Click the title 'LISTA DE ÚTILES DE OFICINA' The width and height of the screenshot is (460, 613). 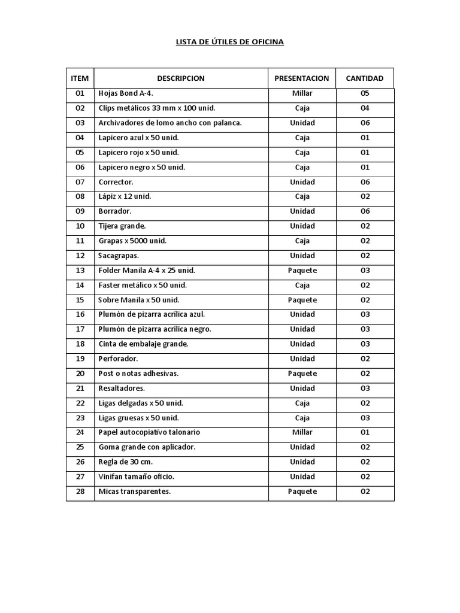coord(229,42)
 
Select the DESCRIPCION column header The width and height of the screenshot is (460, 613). coord(180,78)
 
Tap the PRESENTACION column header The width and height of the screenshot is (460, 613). coord(301,78)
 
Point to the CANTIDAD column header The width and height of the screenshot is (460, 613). coord(365,78)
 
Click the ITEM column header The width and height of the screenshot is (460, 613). coord(80,78)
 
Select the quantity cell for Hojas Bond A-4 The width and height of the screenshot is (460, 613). coord(365,93)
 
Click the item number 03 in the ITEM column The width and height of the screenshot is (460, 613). coord(80,123)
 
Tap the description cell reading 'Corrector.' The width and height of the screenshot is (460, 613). coord(116,182)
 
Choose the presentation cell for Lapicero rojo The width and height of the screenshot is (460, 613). coord(302,152)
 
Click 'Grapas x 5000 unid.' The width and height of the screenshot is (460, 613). coord(132,241)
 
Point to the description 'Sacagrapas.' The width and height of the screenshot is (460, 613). coord(119,256)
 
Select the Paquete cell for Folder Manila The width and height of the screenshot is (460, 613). coord(302,271)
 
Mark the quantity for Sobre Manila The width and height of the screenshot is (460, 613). coord(365,300)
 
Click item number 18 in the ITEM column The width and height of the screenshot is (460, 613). coord(80,344)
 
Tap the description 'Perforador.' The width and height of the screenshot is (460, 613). coord(118,359)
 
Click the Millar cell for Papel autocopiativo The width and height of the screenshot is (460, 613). coord(302,432)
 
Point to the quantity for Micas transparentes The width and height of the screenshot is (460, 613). coord(365,491)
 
